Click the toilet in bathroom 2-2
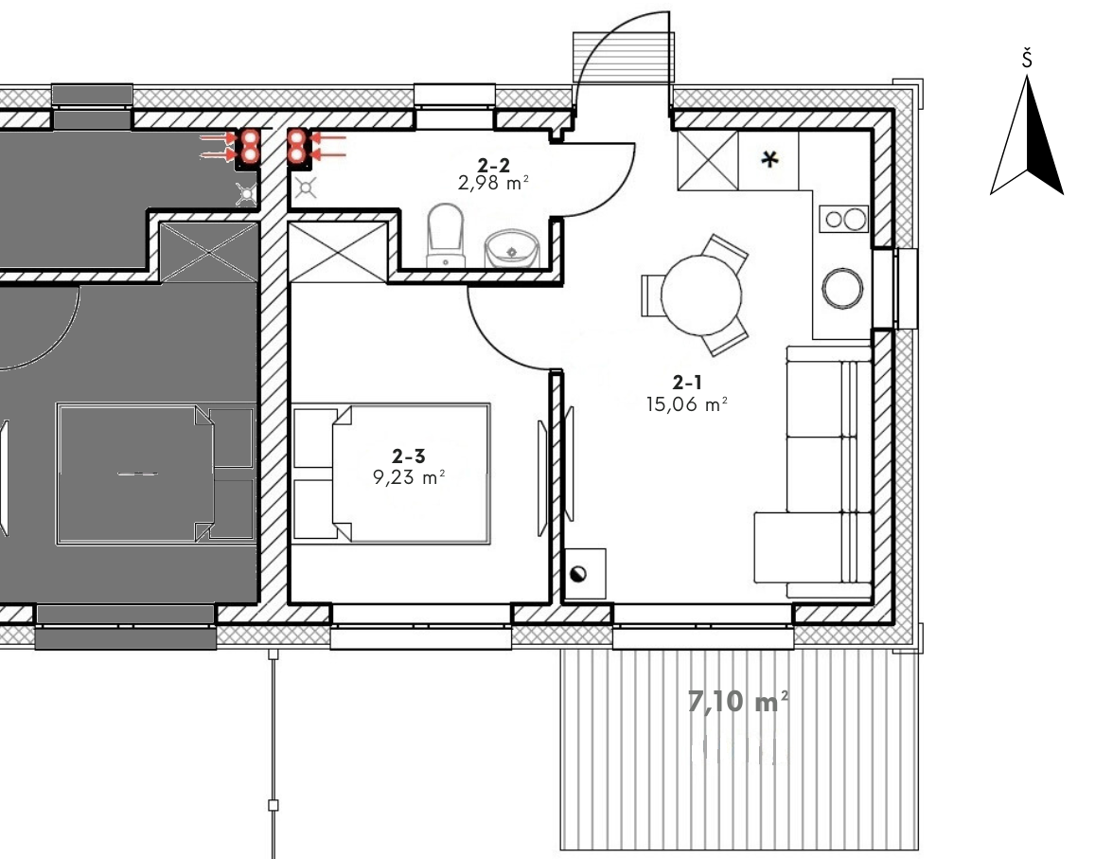click(x=445, y=236)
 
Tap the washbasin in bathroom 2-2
click(x=512, y=248)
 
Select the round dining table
click(x=701, y=295)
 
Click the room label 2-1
click(x=687, y=383)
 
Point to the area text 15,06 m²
click(x=686, y=404)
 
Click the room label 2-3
click(x=408, y=456)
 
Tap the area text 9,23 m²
click(x=409, y=476)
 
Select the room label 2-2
click(x=493, y=166)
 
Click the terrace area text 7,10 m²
click(x=738, y=701)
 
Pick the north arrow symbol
click(x=1027, y=135)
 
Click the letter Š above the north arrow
click(x=1027, y=59)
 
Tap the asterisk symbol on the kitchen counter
click(x=769, y=160)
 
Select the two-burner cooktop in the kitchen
click(x=844, y=220)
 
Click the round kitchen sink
click(x=842, y=288)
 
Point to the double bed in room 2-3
click(x=391, y=474)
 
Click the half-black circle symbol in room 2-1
click(x=578, y=574)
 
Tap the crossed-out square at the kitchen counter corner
click(x=708, y=161)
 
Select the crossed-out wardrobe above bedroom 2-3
click(x=339, y=252)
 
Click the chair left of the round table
click(x=651, y=295)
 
